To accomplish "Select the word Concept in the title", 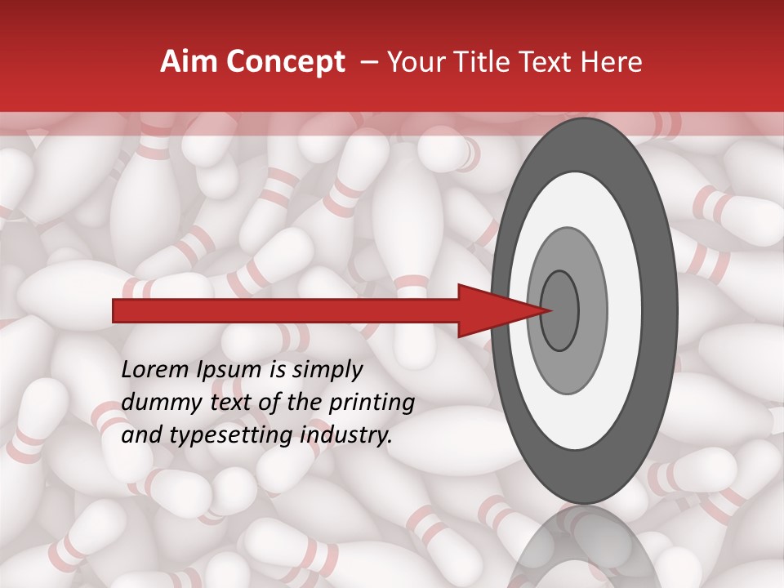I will click(284, 63).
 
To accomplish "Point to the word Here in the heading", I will click(612, 62).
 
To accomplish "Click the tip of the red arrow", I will click(551, 310).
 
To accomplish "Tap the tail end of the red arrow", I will click(115, 311).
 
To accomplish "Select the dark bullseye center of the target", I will click(560, 310).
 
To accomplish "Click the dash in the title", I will click(369, 62).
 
